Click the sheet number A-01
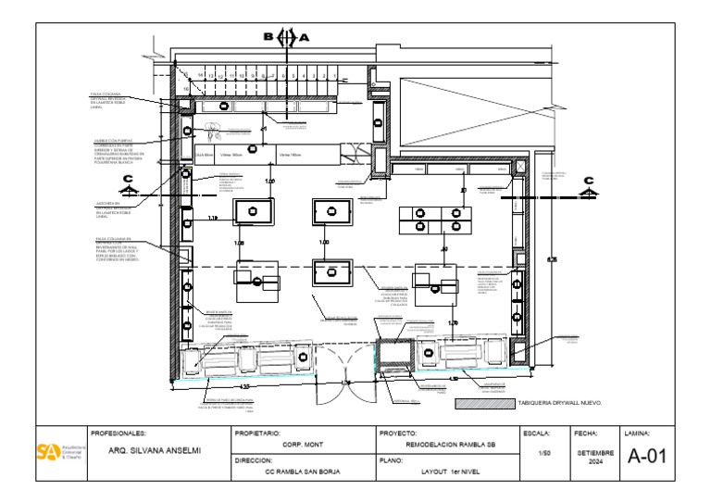646,457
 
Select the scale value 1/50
544,453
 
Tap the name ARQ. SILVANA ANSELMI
155,451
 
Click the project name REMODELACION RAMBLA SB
444,445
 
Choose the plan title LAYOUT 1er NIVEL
443,472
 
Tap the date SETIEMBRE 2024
595,457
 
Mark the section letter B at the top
268,37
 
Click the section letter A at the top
304,37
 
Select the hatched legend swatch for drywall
485,404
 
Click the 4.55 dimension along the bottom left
244,386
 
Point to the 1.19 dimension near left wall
211,219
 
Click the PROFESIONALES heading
119,433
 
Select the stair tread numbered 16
186,89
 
